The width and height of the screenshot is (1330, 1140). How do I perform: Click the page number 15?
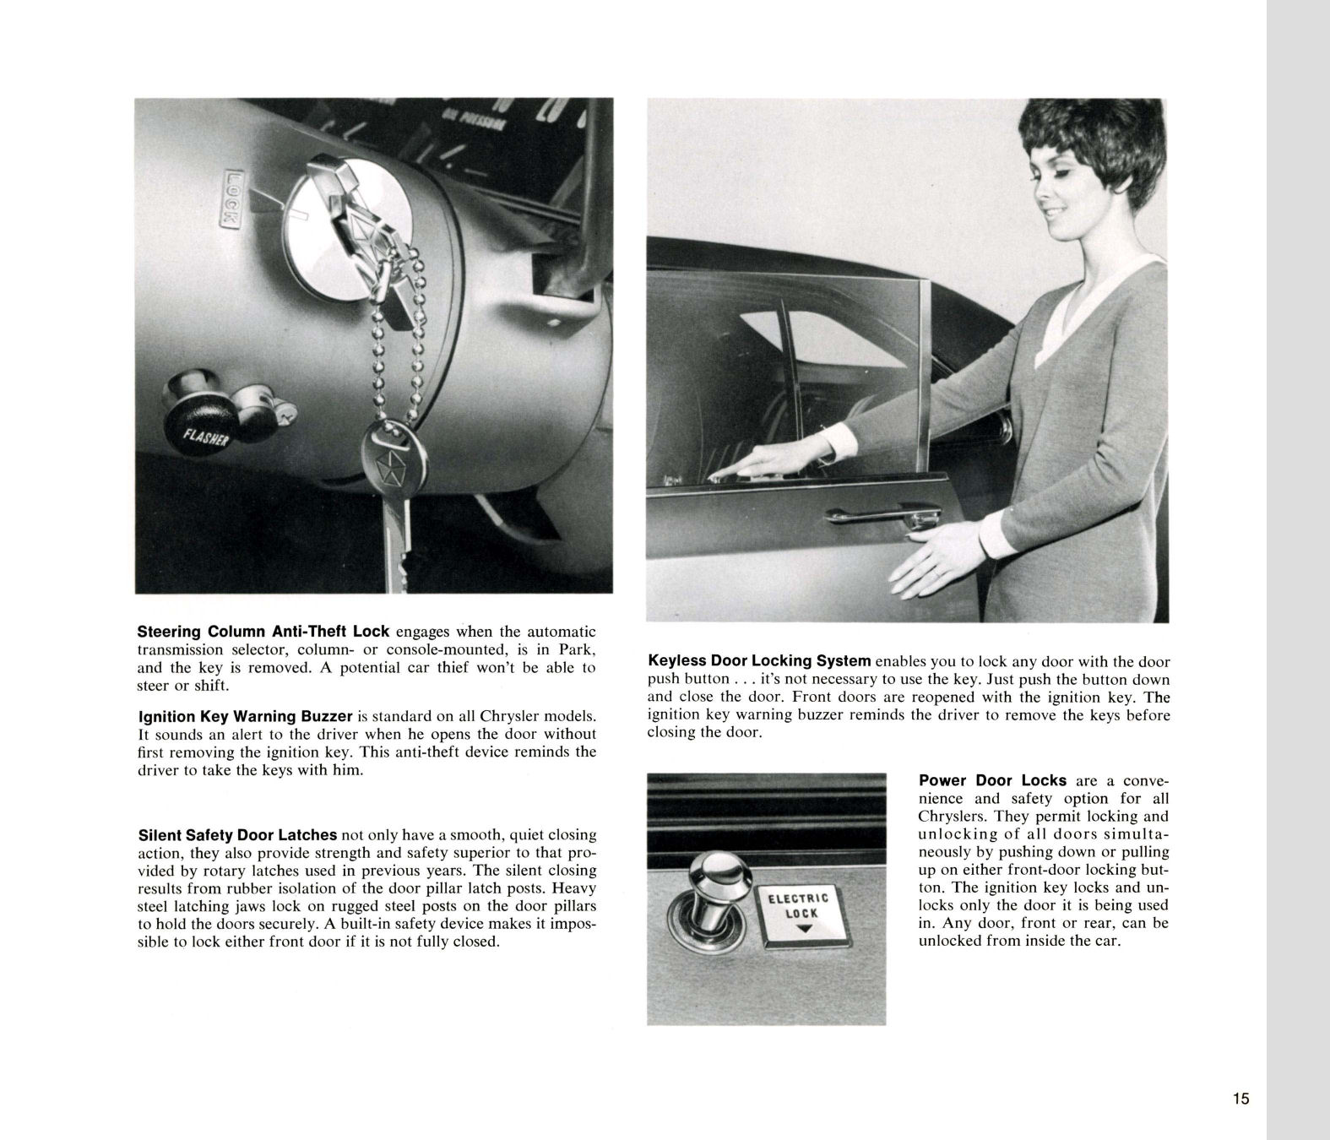(1240, 1099)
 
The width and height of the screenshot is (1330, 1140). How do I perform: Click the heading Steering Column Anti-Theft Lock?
(263, 632)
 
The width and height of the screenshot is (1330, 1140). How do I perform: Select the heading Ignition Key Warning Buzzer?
(245, 717)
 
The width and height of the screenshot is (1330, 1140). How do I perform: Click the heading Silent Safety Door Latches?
(237, 835)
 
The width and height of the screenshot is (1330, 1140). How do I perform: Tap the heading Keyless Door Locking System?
(759, 661)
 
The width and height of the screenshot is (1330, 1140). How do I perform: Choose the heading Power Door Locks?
(992, 780)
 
